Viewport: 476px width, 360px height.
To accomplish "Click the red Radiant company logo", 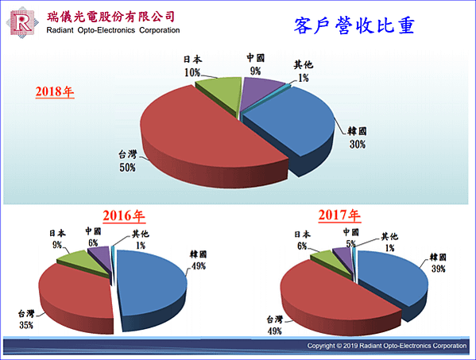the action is pyautogui.click(x=22, y=23).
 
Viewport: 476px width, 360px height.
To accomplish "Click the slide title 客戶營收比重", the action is pyautogui.click(x=354, y=25).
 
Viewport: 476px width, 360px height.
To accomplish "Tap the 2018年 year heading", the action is pyautogui.click(x=55, y=91).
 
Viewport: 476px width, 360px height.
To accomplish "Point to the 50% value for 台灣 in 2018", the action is pyautogui.click(x=127, y=168).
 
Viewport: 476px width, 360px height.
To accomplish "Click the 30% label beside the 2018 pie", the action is pyautogui.click(x=358, y=144).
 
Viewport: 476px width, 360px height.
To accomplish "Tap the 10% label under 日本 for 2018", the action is pyautogui.click(x=192, y=72).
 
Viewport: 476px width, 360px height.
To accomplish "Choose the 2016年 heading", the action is pyautogui.click(x=124, y=216).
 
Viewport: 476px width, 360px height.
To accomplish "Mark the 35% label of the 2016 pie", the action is pyautogui.click(x=26, y=325).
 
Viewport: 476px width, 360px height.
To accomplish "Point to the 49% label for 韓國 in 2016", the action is pyautogui.click(x=199, y=266).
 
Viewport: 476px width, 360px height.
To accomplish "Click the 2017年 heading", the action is pyautogui.click(x=339, y=215).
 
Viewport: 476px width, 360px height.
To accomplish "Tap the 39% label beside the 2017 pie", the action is pyautogui.click(x=439, y=269).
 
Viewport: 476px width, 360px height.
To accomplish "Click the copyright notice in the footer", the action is pyautogui.click(x=387, y=346).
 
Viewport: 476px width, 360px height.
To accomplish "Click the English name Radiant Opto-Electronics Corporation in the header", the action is pyautogui.click(x=113, y=30).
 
